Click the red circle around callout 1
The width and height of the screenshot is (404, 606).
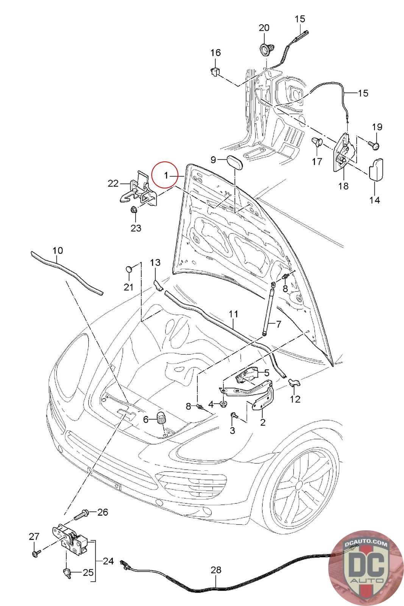tap(165, 175)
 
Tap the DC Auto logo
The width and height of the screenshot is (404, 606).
tap(365, 568)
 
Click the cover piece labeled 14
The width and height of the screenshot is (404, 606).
tap(376, 169)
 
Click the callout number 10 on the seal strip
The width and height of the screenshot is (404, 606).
tap(58, 250)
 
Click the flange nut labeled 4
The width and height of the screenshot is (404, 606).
tap(224, 405)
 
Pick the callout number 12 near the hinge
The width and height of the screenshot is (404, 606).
tap(295, 399)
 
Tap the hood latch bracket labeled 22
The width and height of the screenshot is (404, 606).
tap(139, 188)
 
